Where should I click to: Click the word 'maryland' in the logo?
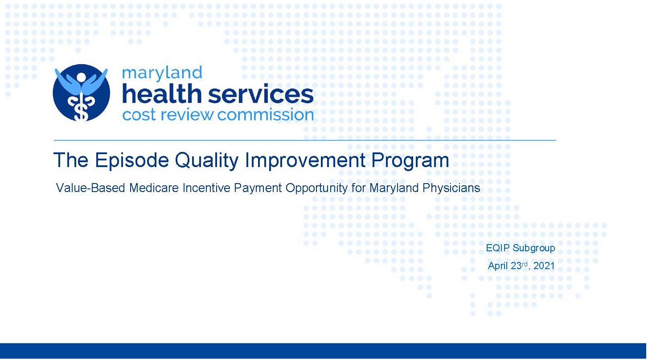pos(162,73)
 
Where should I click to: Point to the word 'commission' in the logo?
pos(266,115)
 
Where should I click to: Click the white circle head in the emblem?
pos(81,77)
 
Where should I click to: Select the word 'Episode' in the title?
pos(131,160)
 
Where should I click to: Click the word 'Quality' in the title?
pos(207,160)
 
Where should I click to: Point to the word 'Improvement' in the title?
pos(305,160)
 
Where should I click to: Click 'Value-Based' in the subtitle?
pos(90,188)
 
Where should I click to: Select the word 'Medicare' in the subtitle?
pos(154,188)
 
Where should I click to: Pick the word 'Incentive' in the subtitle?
pos(206,188)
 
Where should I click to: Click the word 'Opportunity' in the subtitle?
pos(316,188)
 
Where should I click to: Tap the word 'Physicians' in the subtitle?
pos(451,188)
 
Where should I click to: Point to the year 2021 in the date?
pos(544,266)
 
